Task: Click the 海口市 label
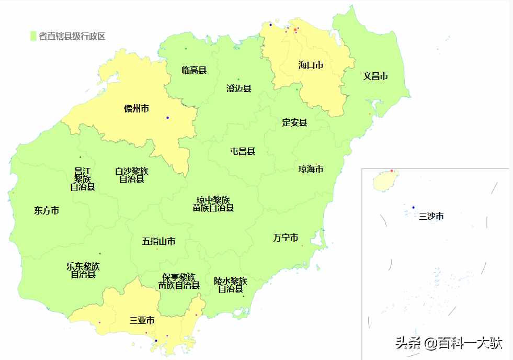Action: (x=311, y=65)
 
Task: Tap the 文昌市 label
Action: (x=375, y=76)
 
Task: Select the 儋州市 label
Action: (x=136, y=109)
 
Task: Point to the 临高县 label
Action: (x=194, y=70)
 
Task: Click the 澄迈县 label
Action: (x=239, y=88)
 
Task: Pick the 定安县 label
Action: (x=294, y=123)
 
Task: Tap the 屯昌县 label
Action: (x=243, y=152)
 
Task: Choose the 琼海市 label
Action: (x=311, y=170)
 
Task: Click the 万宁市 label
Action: (x=286, y=238)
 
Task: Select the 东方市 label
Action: (x=47, y=211)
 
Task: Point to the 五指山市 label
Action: (x=158, y=242)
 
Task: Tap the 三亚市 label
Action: (x=142, y=320)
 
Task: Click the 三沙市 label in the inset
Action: (x=431, y=216)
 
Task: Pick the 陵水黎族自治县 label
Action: (x=231, y=285)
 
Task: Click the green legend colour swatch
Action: (x=33, y=36)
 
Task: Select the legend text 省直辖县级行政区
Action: (x=72, y=36)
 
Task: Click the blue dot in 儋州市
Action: (x=167, y=117)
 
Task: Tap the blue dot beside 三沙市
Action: (x=413, y=208)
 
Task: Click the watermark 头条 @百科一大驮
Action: (x=449, y=343)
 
